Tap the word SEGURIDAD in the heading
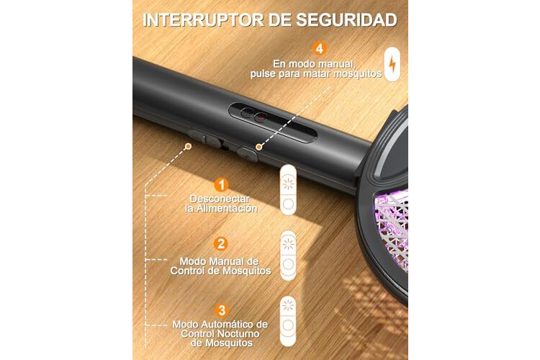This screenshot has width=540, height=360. click(347, 20)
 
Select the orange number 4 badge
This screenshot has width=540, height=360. click(320, 48)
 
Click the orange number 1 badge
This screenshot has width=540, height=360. click(222, 185)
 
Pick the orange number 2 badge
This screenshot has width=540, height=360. click(221, 244)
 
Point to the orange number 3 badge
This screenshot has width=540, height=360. click(222, 310)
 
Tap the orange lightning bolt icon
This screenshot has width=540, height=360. click(392, 64)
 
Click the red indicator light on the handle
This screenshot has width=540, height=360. click(261, 118)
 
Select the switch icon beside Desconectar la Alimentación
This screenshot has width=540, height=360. click(288, 190)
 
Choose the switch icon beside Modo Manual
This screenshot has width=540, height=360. click(288, 256)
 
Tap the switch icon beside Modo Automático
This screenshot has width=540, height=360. click(288, 321)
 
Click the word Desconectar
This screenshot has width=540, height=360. click(220, 199)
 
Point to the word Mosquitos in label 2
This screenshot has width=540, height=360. click(246, 271)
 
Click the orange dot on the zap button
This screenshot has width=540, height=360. click(258, 147)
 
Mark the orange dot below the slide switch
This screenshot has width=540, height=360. click(188, 146)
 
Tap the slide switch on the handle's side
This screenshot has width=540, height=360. click(205, 138)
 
